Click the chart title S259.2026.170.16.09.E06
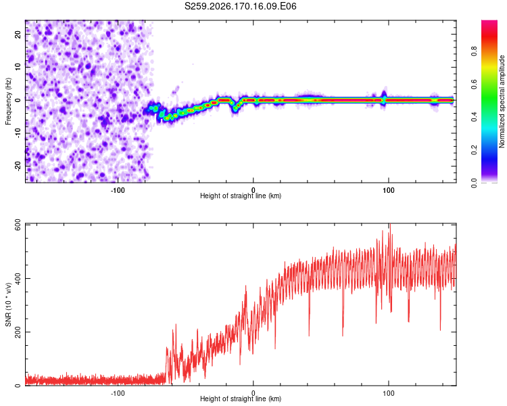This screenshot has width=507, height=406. tap(240, 6)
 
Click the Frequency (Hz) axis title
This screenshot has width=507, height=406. tap(8, 101)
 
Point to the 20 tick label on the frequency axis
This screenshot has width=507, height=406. tap(18, 35)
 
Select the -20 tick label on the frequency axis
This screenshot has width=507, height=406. tap(18, 166)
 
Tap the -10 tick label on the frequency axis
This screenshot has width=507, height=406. tap(18, 133)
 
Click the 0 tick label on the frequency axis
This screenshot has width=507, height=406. tap(18, 100)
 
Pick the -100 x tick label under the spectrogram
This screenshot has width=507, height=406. tap(118, 190)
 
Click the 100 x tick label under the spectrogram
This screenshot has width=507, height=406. tap(388, 190)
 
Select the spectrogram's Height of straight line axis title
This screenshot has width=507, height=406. tap(241, 196)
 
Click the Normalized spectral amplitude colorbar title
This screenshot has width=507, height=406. tap(502, 101)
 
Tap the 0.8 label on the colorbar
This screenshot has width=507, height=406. tap(474, 51)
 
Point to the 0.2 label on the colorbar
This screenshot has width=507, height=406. tap(474, 150)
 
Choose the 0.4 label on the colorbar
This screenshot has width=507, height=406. tap(474, 117)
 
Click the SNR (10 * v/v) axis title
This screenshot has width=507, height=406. tap(8, 304)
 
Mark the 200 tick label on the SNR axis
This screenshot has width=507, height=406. tap(18, 332)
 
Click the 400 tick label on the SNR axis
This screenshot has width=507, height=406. tap(18, 278)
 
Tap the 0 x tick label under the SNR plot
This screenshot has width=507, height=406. tap(254, 393)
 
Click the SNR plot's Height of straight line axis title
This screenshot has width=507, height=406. tap(241, 399)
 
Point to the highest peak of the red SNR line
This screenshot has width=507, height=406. tap(390, 224)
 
